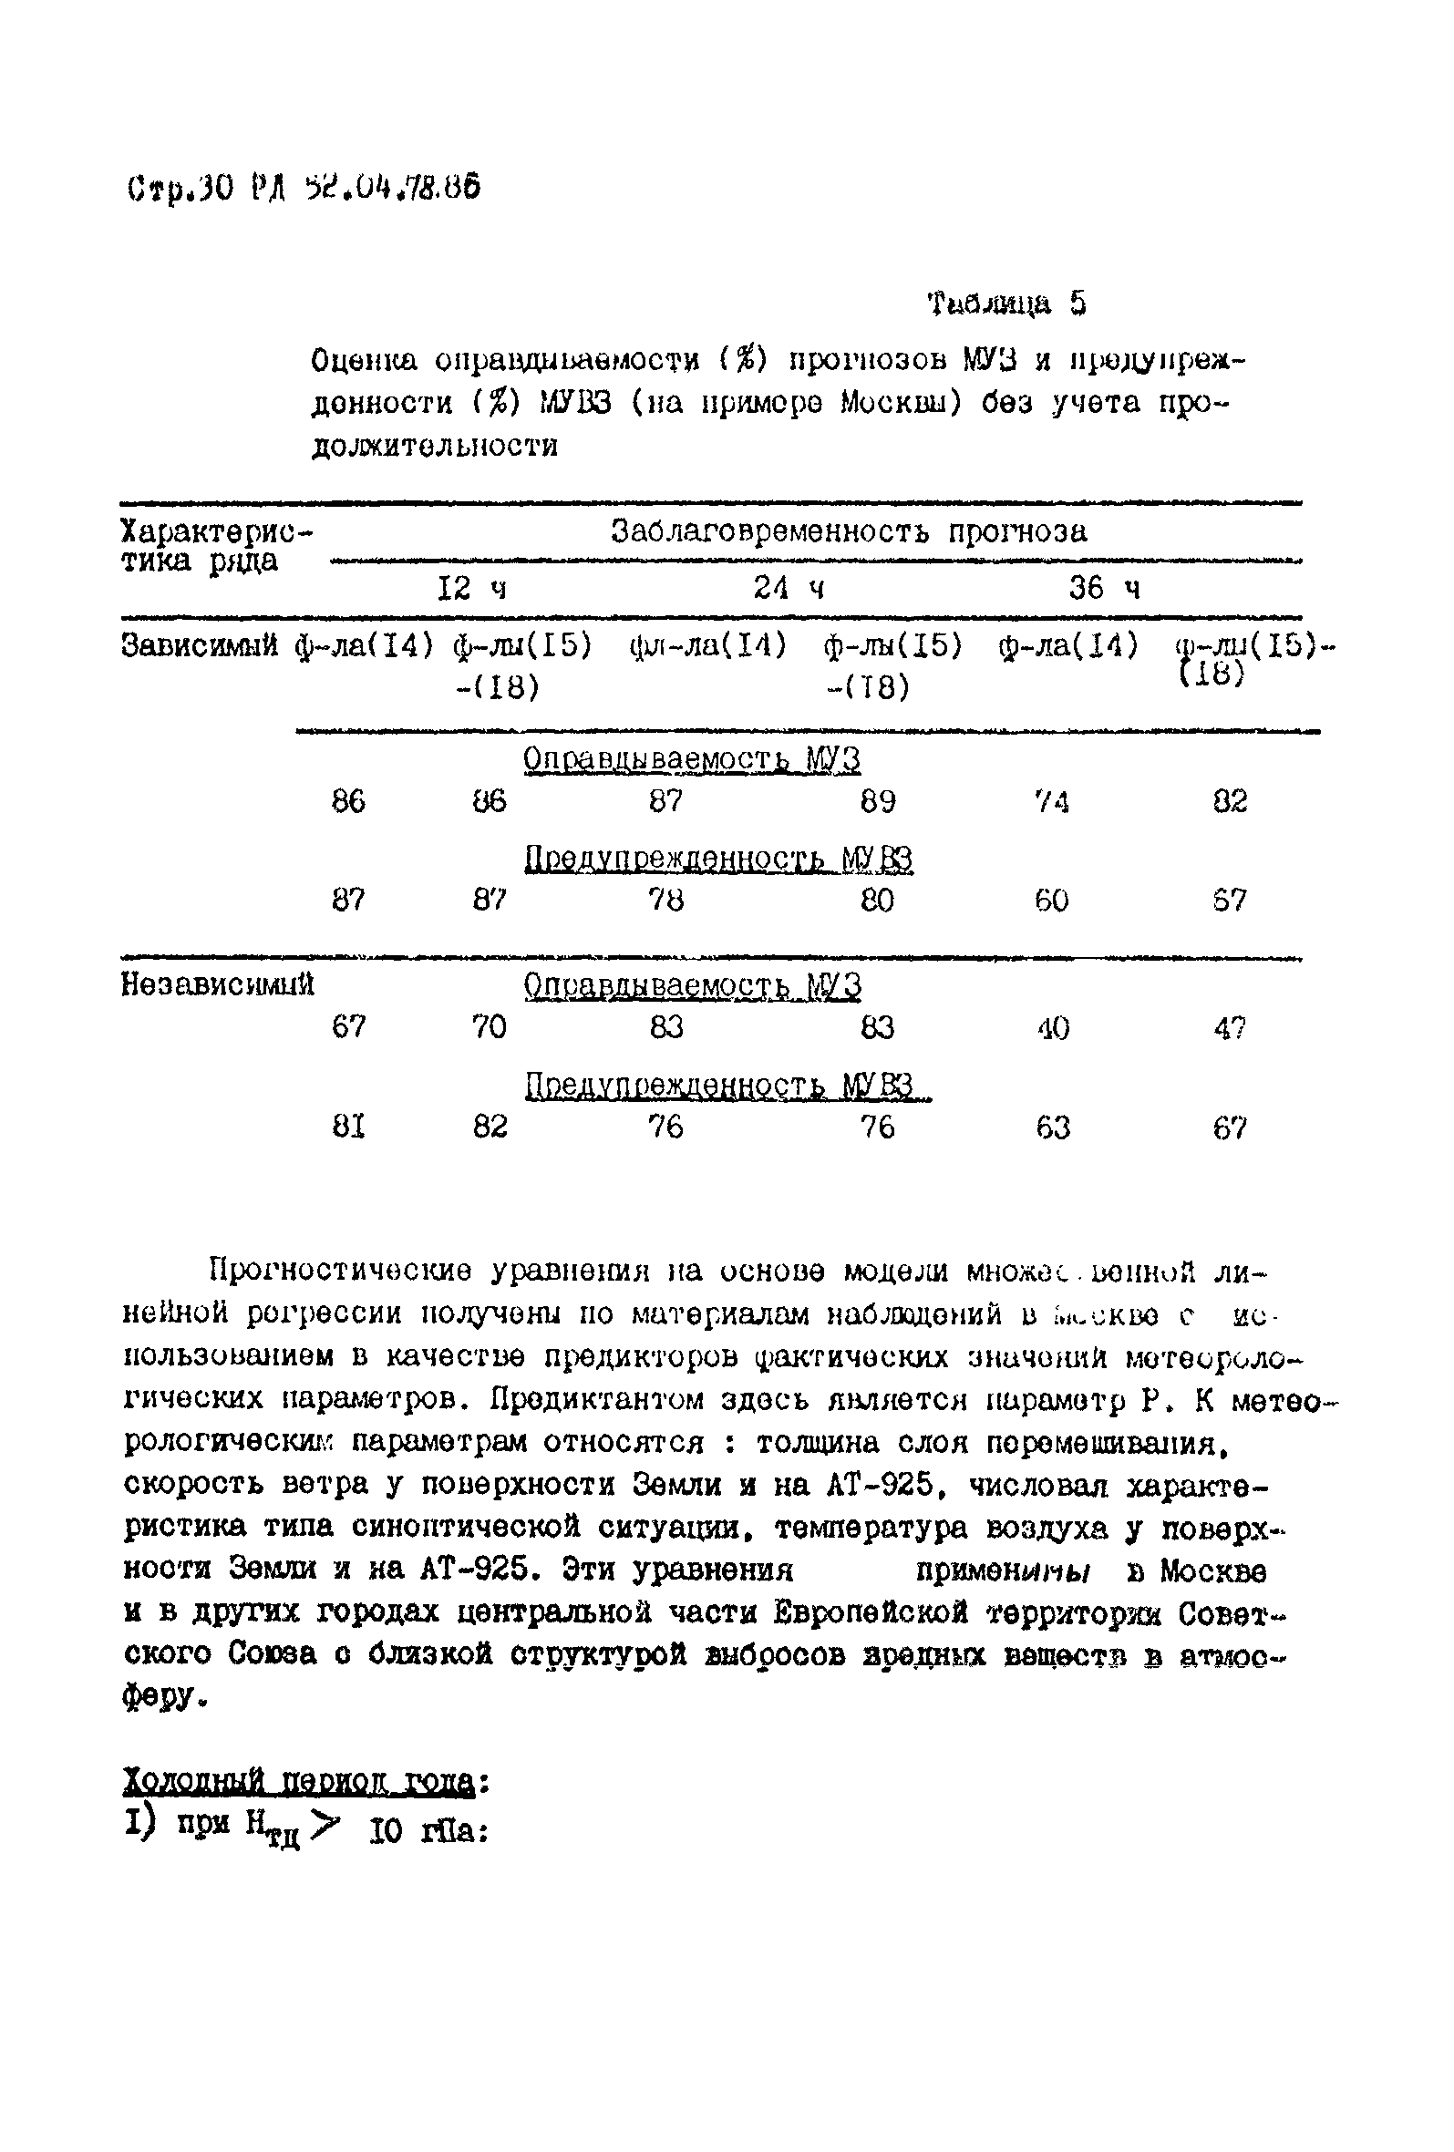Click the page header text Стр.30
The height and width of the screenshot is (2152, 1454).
[180, 189]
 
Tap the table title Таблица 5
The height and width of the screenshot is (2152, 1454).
[1006, 304]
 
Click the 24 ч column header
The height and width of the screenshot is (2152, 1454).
[789, 588]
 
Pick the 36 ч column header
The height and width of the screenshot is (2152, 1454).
[1104, 588]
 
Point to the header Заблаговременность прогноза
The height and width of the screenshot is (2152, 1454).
[849, 531]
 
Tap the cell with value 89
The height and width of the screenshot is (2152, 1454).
[877, 801]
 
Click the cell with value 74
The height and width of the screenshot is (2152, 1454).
[1052, 801]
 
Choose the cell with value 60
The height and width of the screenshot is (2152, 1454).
[1052, 900]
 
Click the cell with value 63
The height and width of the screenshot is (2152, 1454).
[1053, 1127]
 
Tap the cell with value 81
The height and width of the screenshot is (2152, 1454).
[348, 1127]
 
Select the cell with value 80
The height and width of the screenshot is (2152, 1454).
[877, 900]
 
